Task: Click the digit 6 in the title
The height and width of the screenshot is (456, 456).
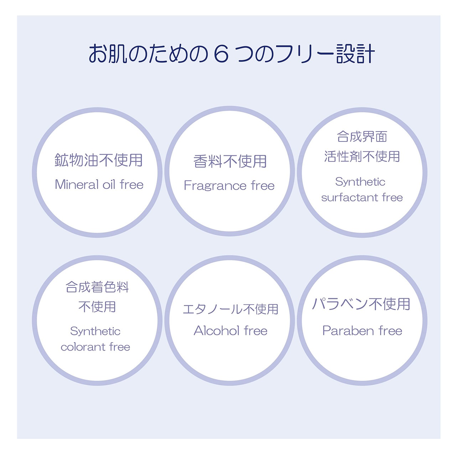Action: click(221, 54)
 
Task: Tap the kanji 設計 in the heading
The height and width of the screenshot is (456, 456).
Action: click(355, 54)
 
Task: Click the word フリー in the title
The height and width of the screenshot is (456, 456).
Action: click(305, 54)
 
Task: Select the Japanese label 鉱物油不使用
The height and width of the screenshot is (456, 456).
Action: click(99, 160)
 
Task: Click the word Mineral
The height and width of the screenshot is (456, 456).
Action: click(77, 185)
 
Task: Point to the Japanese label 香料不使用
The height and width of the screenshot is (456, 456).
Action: click(230, 161)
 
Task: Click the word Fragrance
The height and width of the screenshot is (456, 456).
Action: click(215, 186)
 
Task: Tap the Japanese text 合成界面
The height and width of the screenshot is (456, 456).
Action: click(362, 136)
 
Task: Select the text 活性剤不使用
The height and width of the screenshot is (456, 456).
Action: click(362, 156)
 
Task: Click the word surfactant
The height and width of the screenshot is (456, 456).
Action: click(349, 197)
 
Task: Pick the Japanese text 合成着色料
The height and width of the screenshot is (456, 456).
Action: click(97, 287)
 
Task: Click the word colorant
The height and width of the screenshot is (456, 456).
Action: click(83, 347)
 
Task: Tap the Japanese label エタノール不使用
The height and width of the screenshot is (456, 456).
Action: click(230, 309)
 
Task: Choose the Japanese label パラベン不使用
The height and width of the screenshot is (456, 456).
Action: click(361, 304)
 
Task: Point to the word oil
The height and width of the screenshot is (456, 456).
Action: click(109, 185)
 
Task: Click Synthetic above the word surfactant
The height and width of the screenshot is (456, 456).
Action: click(360, 182)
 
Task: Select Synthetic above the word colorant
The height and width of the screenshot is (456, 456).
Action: click(95, 331)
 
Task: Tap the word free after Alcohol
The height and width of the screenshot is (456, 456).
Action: click(256, 331)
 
